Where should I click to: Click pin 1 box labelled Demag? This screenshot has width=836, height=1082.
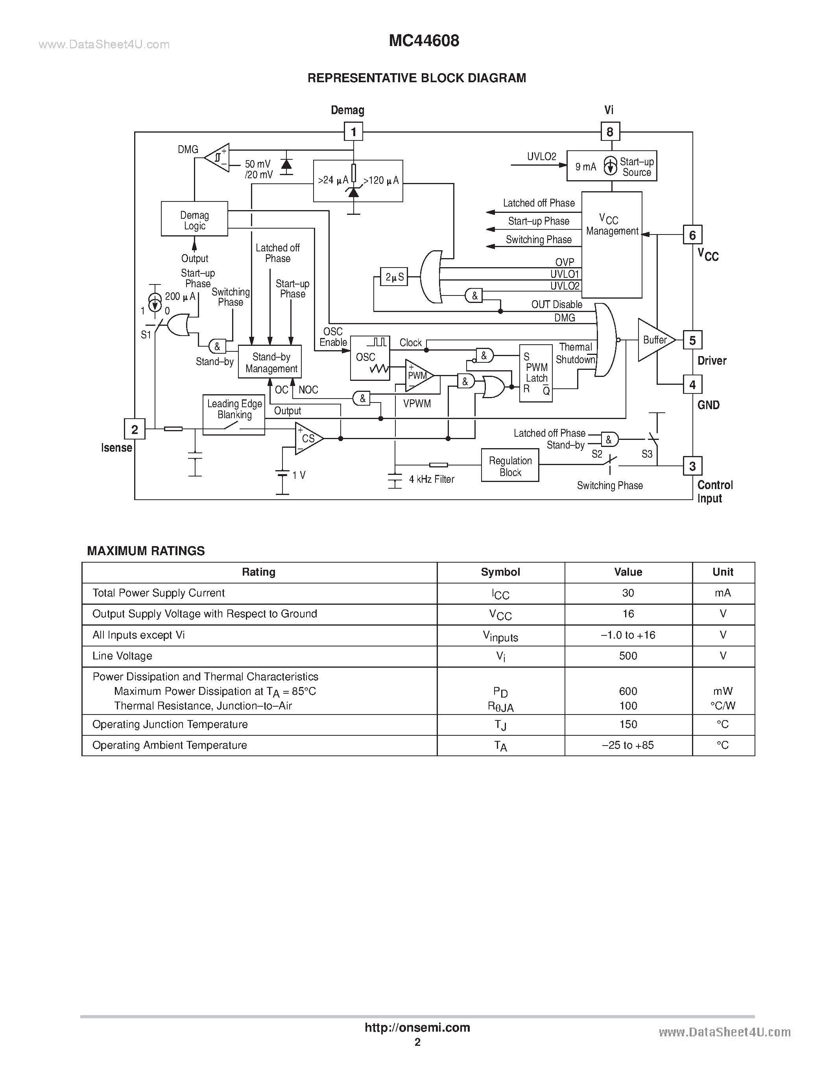pyautogui.click(x=353, y=132)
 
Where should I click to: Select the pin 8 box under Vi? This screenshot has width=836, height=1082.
pyautogui.click(x=610, y=132)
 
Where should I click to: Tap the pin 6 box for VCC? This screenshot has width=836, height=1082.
pyautogui.click(x=692, y=235)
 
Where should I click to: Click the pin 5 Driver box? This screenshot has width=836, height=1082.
pyautogui.click(x=692, y=340)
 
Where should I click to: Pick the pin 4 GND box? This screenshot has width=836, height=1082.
pyautogui.click(x=692, y=384)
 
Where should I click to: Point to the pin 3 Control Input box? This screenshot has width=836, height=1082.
pyautogui.click(x=692, y=466)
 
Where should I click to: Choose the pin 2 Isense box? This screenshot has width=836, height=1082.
pyautogui.click(x=134, y=429)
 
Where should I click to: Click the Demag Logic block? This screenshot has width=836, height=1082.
pyautogui.click(x=194, y=219)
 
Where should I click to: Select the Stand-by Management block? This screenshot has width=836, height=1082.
pyautogui.click(x=270, y=362)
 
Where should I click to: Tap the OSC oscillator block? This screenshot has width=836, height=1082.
pyautogui.click(x=369, y=358)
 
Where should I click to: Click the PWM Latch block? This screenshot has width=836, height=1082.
pyautogui.click(x=536, y=373)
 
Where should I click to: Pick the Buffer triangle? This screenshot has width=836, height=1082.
pyautogui.click(x=654, y=340)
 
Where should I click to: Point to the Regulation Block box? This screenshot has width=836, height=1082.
pyautogui.click(x=510, y=466)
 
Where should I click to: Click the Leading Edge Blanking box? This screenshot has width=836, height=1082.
pyautogui.click(x=234, y=415)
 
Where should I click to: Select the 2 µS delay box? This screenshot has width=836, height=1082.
pyautogui.click(x=394, y=277)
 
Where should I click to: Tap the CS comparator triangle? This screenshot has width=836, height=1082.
pyautogui.click(x=307, y=438)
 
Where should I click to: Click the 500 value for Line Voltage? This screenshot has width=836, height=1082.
pyautogui.click(x=628, y=656)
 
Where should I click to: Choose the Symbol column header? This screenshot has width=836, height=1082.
pyautogui.click(x=500, y=572)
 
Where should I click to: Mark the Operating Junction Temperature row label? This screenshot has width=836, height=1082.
pyautogui.click(x=170, y=724)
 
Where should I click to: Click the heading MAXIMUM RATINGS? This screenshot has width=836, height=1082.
pyautogui.click(x=146, y=551)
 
